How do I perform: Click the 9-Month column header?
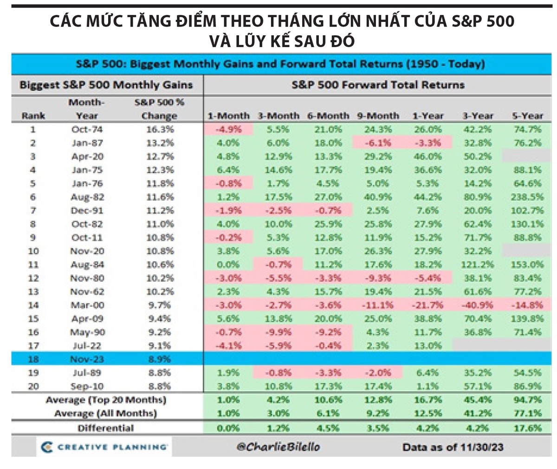coord(378,116)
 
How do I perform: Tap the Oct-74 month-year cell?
coord(87,130)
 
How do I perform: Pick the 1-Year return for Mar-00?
coord(427,305)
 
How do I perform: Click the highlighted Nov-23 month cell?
coord(87,359)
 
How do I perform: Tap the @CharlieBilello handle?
coord(278,447)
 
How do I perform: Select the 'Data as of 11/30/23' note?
coord(453,448)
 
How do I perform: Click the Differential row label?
coord(106,428)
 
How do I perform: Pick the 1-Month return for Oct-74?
coord(228,130)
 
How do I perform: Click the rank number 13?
coord(33,292)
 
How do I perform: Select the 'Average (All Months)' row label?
coord(105,413)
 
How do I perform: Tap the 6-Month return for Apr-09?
coord(328,319)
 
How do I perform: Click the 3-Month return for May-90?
coord(278,332)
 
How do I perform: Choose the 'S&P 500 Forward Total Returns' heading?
coord(378,85)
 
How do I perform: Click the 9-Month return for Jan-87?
coord(378,143)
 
